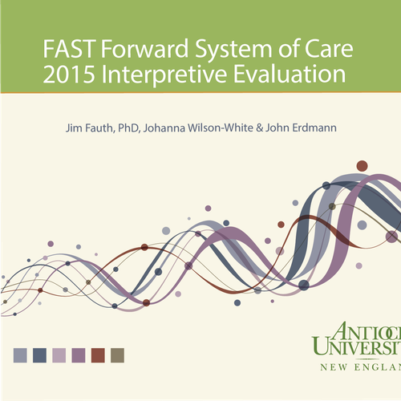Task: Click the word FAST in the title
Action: pyautogui.click(x=68, y=49)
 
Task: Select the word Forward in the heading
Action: pyautogui.click(x=144, y=48)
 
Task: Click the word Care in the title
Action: pyautogui.click(x=329, y=49)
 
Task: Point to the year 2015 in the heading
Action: pyautogui.click(x=69, y=74)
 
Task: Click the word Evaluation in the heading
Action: pyautogui.click(x=290, y=74)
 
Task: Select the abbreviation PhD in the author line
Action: pyautogui.click(x=128, y=128)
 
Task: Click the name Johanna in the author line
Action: pyautogui.click(x=164, y=128)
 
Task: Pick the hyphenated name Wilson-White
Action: pyautogui.click(x=221, y=128)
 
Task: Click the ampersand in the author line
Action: pyautogui.click(x=259, y=128)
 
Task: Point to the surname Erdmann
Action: pyautogui.click(x=314, y=128)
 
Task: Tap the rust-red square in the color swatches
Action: pyautogui.click(x=98, y=355)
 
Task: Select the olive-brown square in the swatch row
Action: pyautogui.click(x=117, y=355)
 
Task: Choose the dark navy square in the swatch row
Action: pyautogui.click(x=39, y=355)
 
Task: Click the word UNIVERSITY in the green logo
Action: pyautogui.click(x=356, y=346)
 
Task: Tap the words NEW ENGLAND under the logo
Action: pyautogui.click(x=361, y=367)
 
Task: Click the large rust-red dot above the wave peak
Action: pyautogui.click(x=362, y=166)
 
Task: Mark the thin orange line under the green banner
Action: pyautogui.click(x=200, y=92)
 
